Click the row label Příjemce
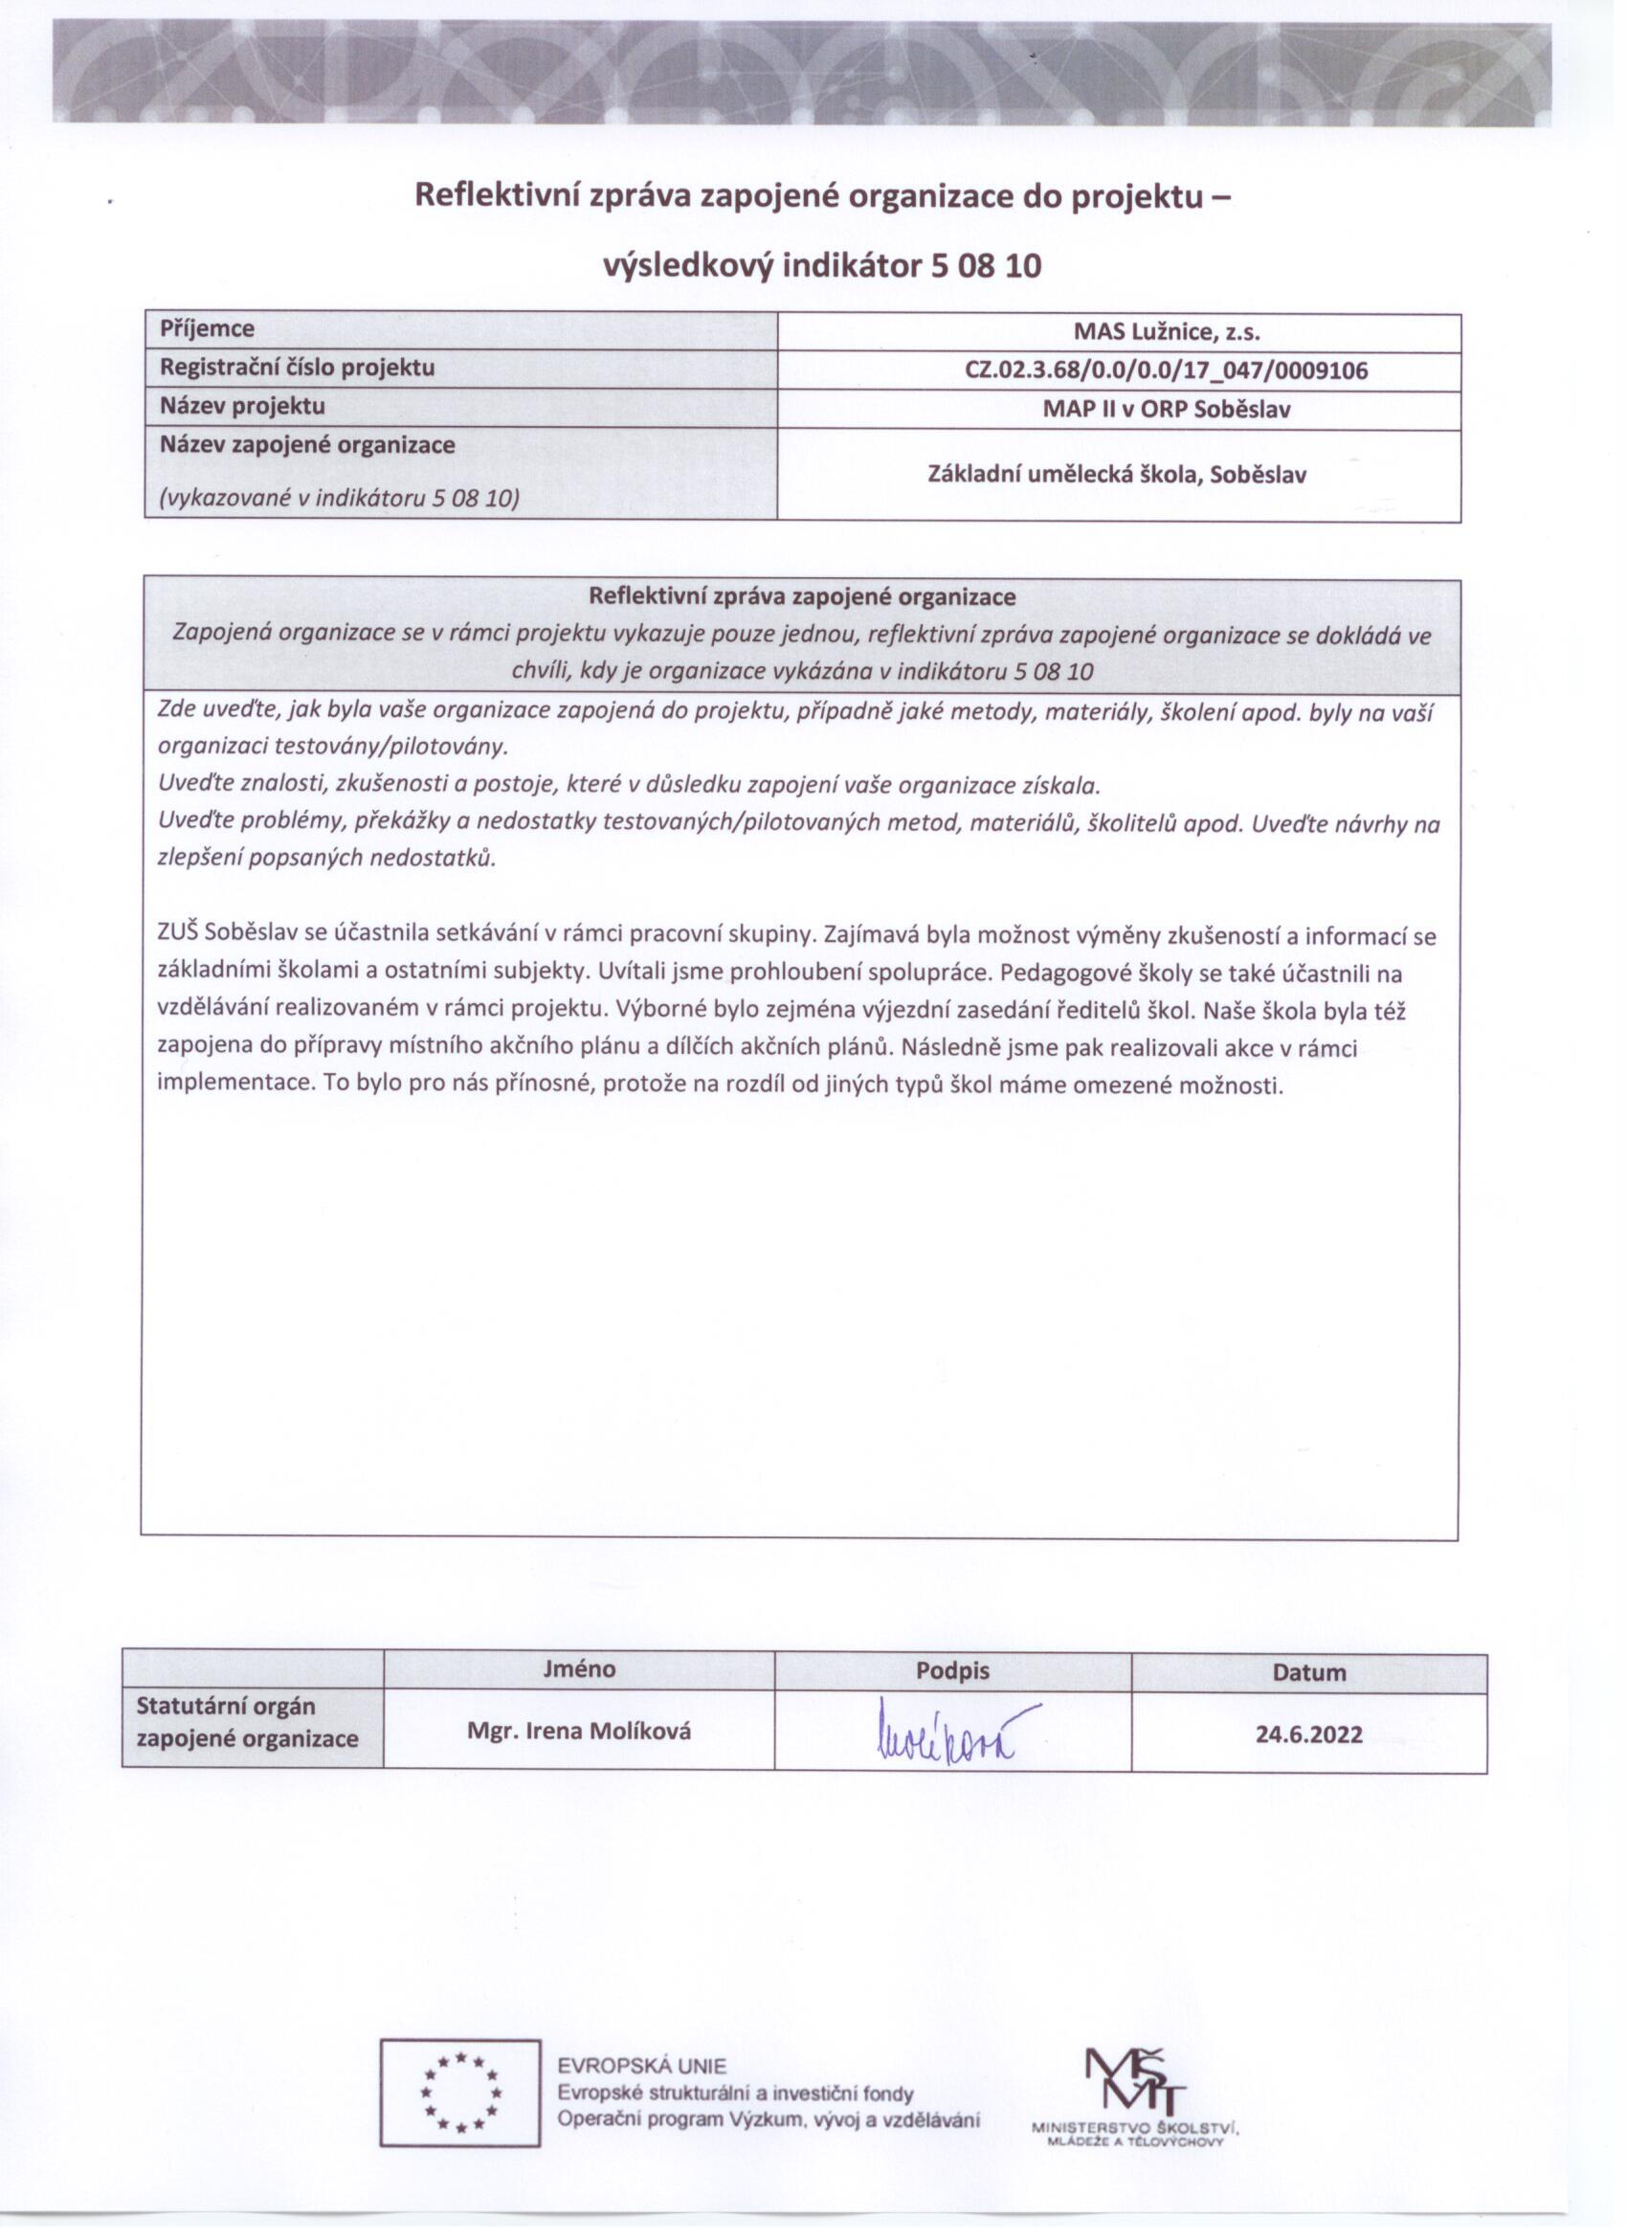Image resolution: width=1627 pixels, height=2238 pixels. [207, 328]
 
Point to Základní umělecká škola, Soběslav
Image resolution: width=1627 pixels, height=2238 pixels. [1117, 475]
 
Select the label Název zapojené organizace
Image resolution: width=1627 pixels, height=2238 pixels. [307, 445]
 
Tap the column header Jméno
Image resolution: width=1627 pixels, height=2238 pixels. [578, 1668]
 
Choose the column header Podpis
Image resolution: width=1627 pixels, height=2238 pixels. [952, 1670]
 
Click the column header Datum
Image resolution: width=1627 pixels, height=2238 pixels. [1308, 1672]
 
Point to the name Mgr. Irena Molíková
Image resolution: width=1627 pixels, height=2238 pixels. [579, 1731]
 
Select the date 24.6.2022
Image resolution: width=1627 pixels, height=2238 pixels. [1308, 1734]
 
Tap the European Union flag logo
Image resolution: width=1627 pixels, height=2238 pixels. [459, 2092]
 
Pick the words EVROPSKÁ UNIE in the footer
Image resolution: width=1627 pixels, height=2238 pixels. [641, 2066]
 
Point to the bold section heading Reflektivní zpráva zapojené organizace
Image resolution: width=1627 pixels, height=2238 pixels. [801, 597]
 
